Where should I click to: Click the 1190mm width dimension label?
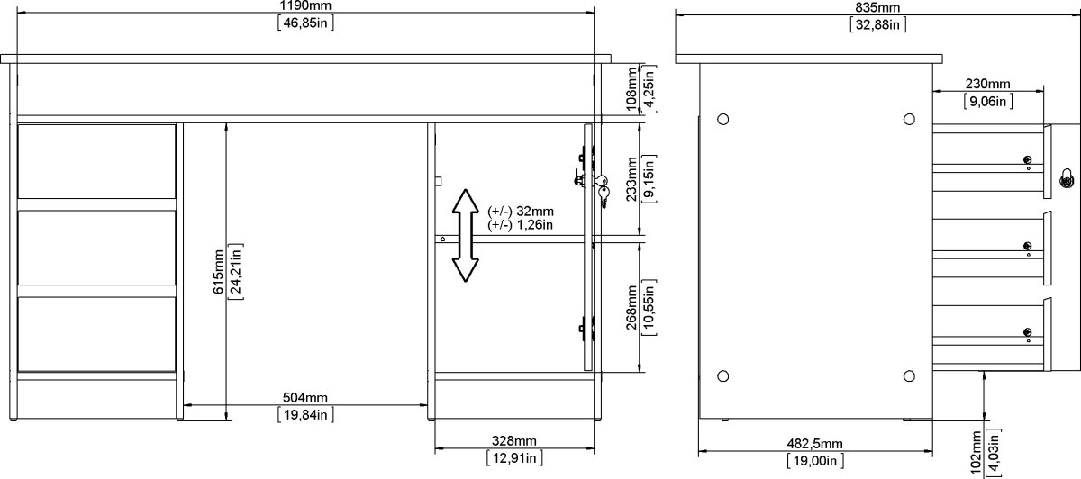(306, 6)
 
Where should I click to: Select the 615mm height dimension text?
(217, 269)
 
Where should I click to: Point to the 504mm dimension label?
(304, 397)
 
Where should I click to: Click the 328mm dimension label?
(513, 441)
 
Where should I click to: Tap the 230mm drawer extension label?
(987, 84)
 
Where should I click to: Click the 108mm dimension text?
(631, 89)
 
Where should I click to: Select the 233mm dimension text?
(631, 179)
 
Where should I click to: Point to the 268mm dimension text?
(631, 308)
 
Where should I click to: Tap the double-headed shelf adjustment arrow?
(465, 236)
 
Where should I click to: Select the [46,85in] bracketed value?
(306, 23)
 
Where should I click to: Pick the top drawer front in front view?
(97, 161)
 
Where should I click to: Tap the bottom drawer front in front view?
(97, 334)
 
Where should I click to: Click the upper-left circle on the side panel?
(722, 119)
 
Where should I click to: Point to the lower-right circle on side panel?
(908, 375)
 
